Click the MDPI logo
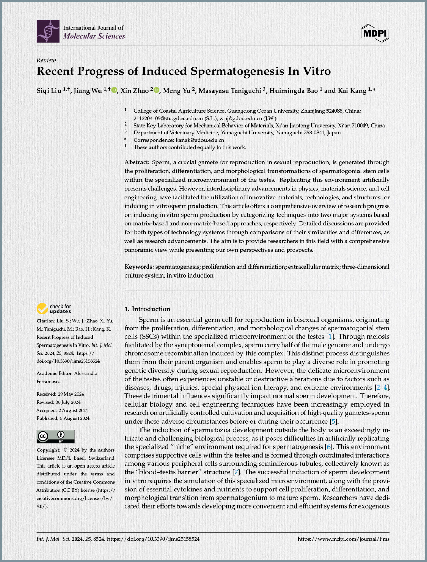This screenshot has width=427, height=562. tap(375, 33)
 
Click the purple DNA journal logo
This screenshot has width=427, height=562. tap(48, 31)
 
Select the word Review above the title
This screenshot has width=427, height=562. tap(46, 60)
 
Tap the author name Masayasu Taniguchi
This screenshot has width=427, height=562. tap(230, 91)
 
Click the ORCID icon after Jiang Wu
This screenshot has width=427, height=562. tap(114, 90)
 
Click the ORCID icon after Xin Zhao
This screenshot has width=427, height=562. tap(157, 90)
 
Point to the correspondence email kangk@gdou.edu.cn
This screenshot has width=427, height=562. tap(200, 140)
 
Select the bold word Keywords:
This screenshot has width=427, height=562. tap(139, 267)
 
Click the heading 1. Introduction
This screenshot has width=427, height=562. tap(147, 309)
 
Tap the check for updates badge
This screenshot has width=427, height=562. tap(54, 309)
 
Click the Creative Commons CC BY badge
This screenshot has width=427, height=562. tap(55, 436)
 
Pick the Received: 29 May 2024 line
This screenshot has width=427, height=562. tap(60, 394)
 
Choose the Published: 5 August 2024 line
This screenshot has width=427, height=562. tap(63, 418)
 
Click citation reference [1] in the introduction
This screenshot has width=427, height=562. tap(330, 337)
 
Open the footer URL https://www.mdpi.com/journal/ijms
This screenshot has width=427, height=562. tap(343, 539)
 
